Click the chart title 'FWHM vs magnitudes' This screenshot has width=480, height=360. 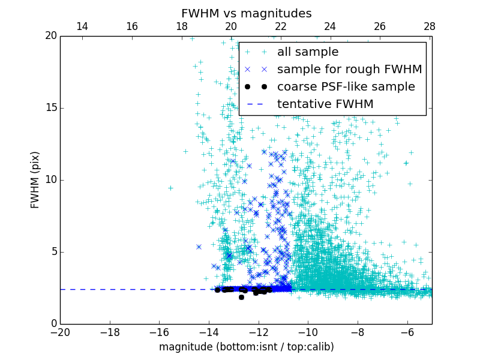coord(246,13)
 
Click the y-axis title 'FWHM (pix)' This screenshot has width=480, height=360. coord(35,179)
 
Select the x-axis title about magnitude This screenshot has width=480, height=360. coord(246,347)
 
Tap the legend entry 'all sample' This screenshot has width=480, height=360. coord(308,52)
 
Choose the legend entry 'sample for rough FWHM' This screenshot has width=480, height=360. coord(349,70)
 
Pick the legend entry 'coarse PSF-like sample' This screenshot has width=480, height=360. coord(346,87)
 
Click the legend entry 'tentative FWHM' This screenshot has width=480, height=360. coord(325,104)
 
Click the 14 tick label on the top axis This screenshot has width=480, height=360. coord(82,26)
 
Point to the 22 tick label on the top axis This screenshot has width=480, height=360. coord(281,26)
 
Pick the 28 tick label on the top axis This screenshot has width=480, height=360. coord(430,26)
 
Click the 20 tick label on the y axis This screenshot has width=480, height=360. coord(50,36)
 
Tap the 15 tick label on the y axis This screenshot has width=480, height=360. coord(50,108)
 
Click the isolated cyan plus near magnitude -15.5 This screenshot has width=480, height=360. coord(170,188)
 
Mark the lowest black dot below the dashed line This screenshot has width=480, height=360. coord(241,297)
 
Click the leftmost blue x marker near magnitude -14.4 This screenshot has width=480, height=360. coord(199,247)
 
